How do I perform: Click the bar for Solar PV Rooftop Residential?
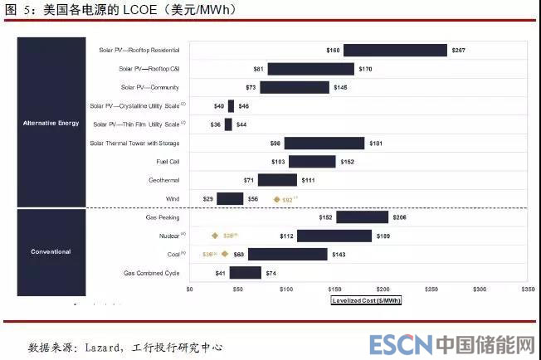[395, 51]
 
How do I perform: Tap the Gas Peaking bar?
[362, 217]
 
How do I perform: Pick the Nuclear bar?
[334, 236]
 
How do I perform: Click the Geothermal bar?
[277, 180]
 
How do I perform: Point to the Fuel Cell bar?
[312, 162]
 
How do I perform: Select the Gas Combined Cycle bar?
[245, 273]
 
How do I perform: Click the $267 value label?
[459, 51]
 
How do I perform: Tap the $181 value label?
[377, 144]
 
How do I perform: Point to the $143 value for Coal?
[339, 255]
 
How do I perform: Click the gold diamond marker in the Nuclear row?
[214, 236]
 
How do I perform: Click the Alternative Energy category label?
[51, 123]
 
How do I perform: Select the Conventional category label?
[51, 251]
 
